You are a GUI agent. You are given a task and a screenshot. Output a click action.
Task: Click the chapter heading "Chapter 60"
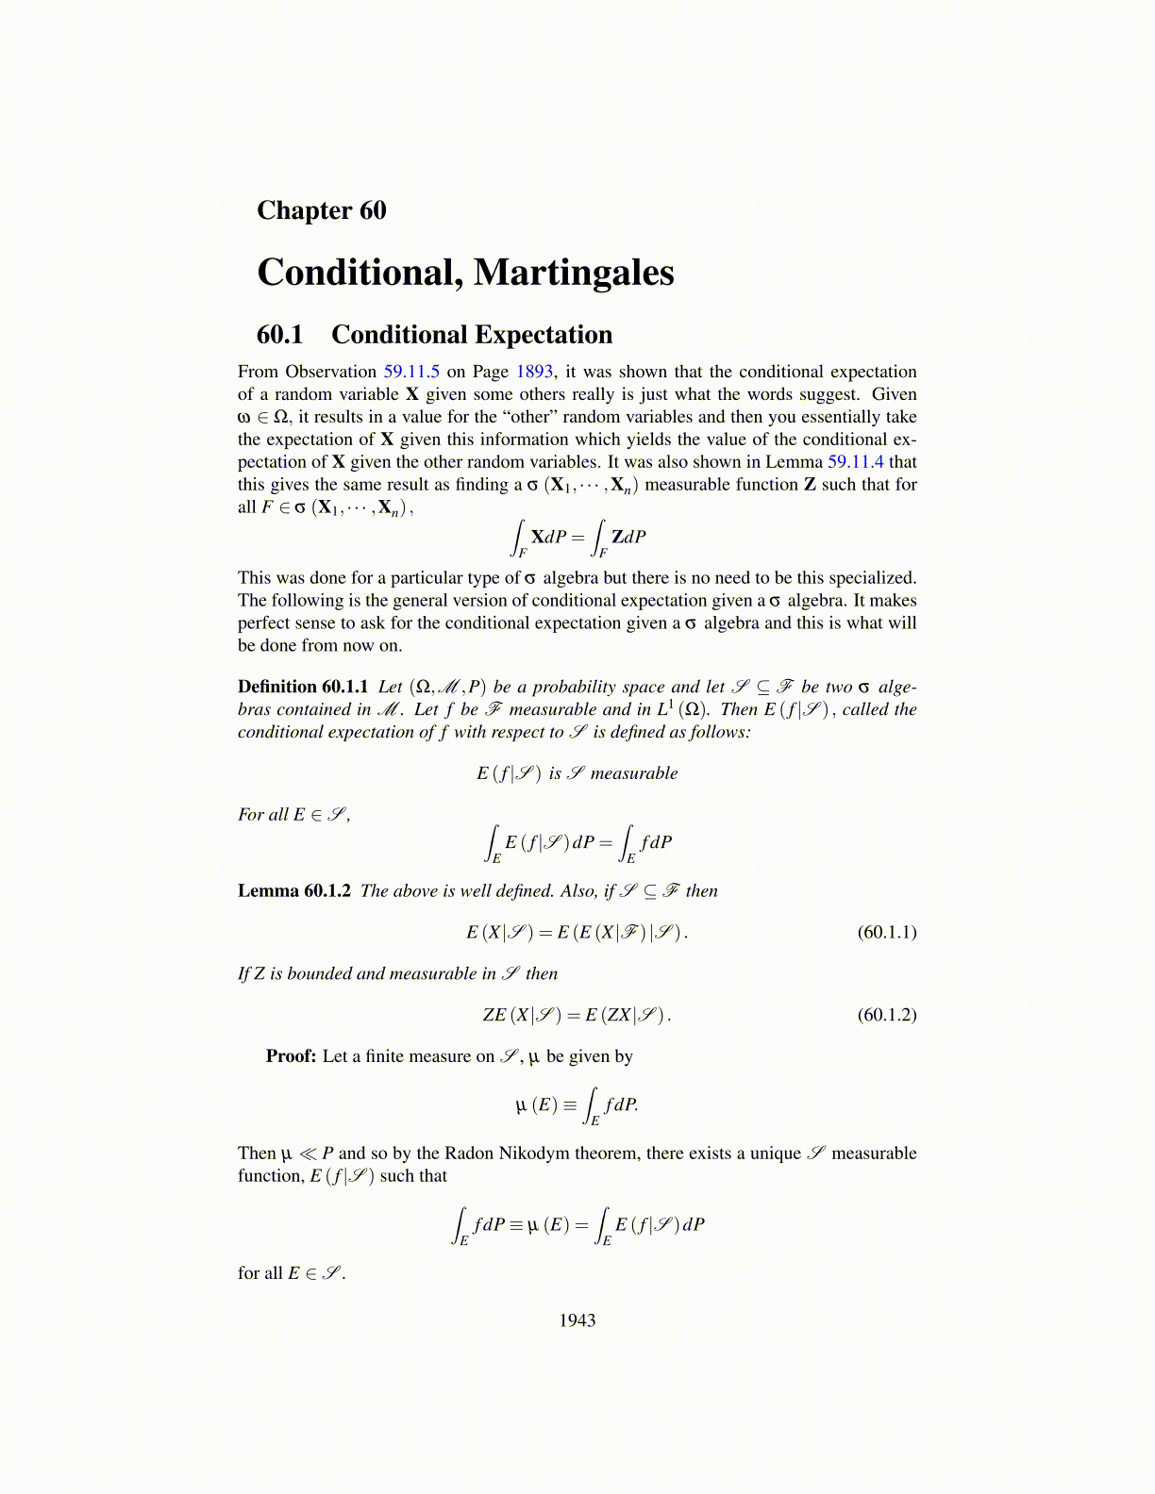click(x=321, y=210)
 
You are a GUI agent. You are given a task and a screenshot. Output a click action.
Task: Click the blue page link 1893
click(x=534, y=372)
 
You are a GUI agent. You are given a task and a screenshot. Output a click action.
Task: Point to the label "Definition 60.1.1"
click(x=303, y=687)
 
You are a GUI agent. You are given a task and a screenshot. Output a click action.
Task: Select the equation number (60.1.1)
click(x=886, y=932)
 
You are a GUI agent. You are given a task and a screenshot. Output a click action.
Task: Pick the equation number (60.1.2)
click(x=886, y=1015)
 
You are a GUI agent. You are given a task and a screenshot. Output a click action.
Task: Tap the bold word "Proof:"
click(x=291, y=1056)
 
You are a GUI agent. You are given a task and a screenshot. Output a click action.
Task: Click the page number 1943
click(x=577, y=1320)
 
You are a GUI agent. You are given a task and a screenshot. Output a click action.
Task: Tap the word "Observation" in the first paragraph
click(x=331, y=372)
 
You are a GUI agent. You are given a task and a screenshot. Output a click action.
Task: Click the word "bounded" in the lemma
click(x=318, y=973)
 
